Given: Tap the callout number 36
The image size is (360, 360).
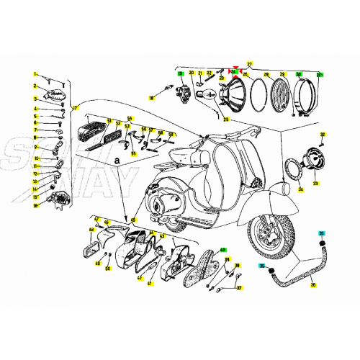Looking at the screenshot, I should point(312,286).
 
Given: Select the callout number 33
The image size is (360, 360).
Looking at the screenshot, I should point(315,184).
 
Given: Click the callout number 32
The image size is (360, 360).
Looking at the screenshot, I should point(323,135).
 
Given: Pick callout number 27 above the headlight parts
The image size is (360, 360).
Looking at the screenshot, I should point(250,64).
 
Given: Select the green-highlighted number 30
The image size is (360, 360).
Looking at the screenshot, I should point(299,73).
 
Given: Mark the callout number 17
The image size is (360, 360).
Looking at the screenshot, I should point(74,108).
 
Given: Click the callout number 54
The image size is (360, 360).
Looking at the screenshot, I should point(130,117).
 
